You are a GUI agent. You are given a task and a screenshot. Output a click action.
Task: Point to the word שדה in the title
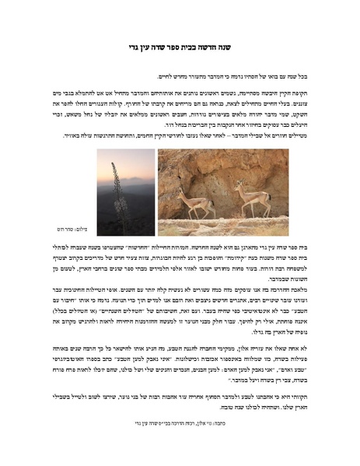[x=159, y=47]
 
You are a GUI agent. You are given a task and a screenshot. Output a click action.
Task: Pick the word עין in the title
[x=143, y=47]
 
